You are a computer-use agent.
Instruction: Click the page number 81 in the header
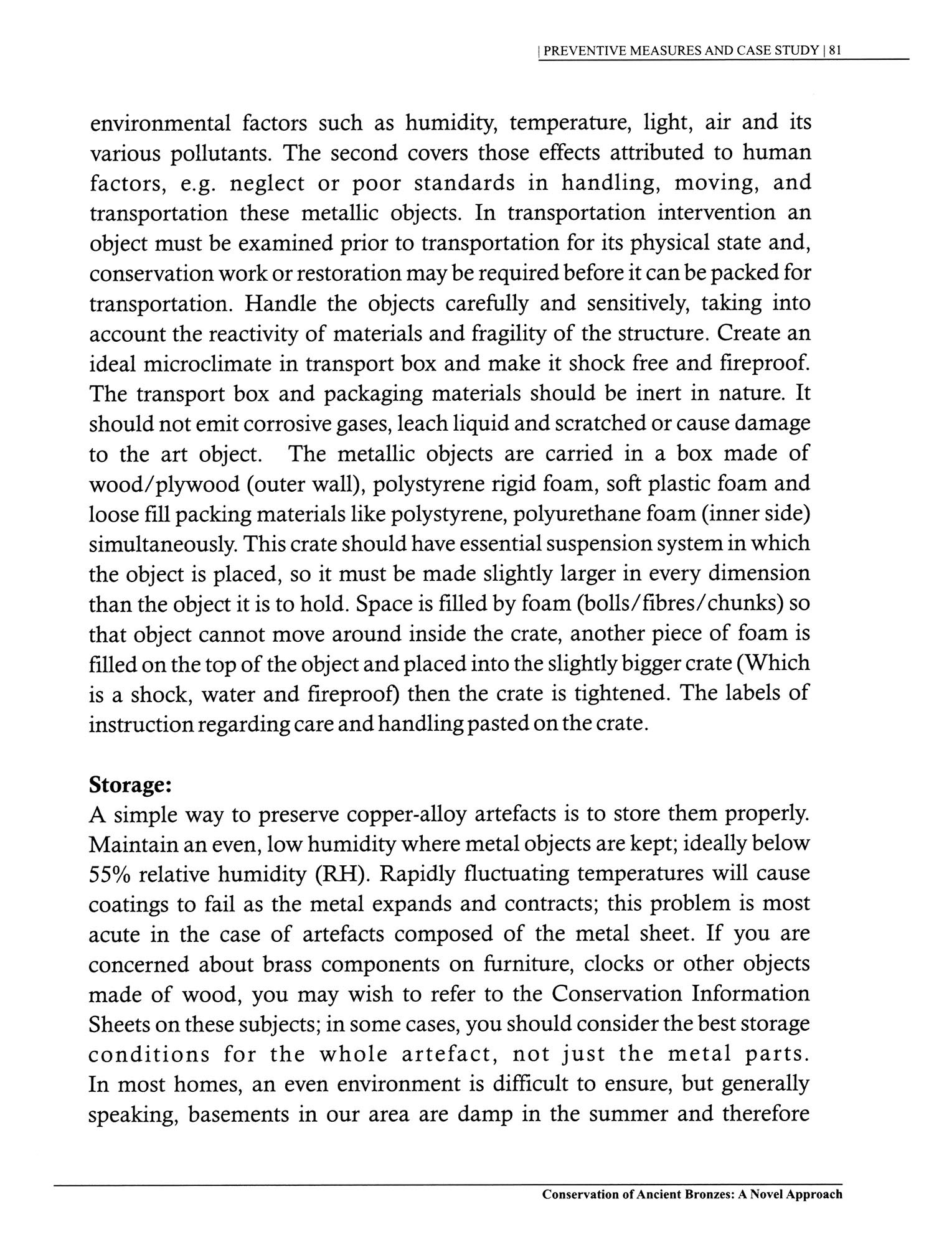[x=835, y=52]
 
